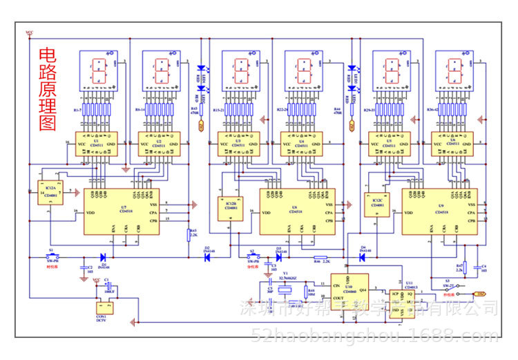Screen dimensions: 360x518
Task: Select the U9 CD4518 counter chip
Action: coord(439,211)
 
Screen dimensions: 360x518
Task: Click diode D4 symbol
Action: coord(362,258)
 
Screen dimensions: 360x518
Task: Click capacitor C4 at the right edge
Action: coord(477,266)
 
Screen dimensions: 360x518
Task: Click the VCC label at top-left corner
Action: coord(28,32)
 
